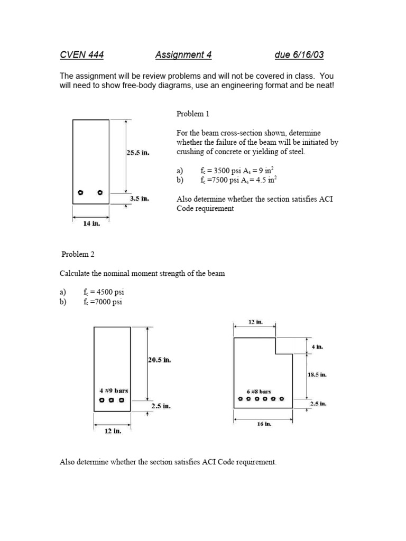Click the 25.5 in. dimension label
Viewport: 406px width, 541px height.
pyautogui.click(x=138, y=153)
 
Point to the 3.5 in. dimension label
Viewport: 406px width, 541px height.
pyautogui.click(x=140, y=199)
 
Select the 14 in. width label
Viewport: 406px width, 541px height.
pyautogui.click(x=91, y=223)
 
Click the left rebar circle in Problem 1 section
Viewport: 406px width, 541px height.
pyautogui.click(x=81, y=192)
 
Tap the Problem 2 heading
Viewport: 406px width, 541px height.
pyautogui.click(x=78, y=254)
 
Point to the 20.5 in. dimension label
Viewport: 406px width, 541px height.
pyautogui.click(x=159, y=360)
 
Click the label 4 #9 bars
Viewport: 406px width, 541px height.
pyautogui.click(x=113, y=390)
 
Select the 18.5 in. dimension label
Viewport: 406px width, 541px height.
pyautogui.click(x=317, y=375)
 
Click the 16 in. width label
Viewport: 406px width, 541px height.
pyautogui.click(x=264, y=424)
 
